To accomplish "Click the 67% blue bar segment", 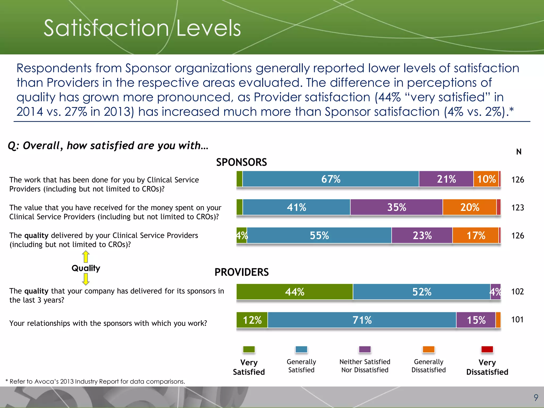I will tap(331, 179).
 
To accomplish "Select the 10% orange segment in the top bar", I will tap(486, 179).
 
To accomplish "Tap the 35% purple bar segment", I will tap(396, 207).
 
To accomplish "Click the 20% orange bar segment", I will tap(470, 207).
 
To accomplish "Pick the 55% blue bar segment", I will tap(319, 235).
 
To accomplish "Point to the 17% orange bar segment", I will tap(475, 235).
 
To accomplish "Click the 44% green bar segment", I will tap(295, 292).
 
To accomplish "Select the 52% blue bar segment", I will tap(422, 292).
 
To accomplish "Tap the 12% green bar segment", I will tap(252, 320).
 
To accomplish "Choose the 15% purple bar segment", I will tap(476, 320).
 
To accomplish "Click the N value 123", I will tap(517, 207).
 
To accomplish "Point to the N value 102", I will tap(517, 291).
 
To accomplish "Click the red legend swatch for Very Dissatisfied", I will tap(487, 349).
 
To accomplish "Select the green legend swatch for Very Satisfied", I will tap(249, 349).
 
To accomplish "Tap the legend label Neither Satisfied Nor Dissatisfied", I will tap(365, 366).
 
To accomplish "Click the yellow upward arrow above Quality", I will tap(86, 257).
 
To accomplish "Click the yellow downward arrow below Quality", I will tap(86, 279).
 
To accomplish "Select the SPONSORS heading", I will tap(241, 162).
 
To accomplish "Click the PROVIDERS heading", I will tap(241, 272).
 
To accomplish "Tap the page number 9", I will tap(536, 397).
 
